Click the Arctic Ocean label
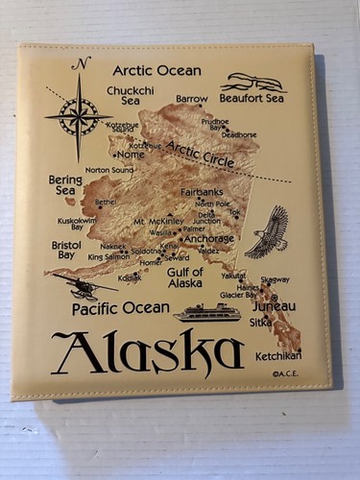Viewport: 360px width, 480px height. [x=156, y=70]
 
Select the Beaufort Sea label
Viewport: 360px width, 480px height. [x=252, y=98]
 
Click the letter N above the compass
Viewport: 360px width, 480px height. [x=82, y=64]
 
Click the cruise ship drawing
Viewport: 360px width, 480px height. [x=206, y=311]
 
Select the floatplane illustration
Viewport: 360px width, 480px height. [x=84, y=285]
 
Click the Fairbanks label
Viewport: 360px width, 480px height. [x=202, y=192]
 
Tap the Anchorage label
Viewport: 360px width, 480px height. [x=209, y=238]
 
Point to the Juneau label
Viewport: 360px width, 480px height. [x=275, y=306]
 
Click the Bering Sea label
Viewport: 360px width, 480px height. [x=65, y=184]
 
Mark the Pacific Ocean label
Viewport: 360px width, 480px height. [x=120, y=308]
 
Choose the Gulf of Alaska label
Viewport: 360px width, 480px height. [x=185, y=276]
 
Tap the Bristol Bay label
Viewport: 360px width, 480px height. [x=65, y=251]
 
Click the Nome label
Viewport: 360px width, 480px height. [x=131, y=155]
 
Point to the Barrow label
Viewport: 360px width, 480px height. [x=191, y=98]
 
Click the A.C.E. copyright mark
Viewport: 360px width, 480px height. [x=285, y=374]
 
